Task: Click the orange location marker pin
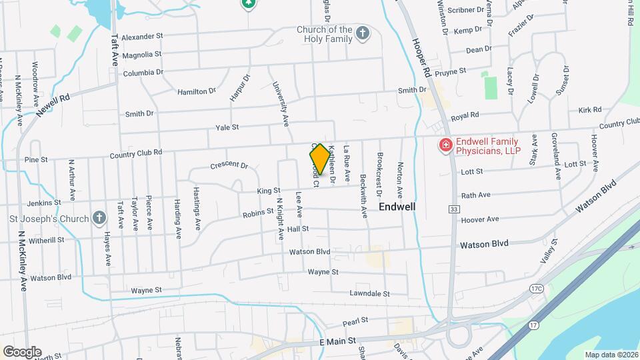tap(319, 159)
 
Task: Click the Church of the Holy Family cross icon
tap(362, 33)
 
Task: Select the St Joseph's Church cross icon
tap(99, 218)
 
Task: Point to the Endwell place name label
tap(397, 207)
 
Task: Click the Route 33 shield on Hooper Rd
tap(453, 209)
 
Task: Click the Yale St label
tap(227, 127)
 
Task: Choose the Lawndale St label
tap(369, 293)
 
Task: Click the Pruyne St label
tap(450, 70)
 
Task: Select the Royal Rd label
tap(465, 115)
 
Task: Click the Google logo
tap(21, 351)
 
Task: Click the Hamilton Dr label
tap(197, 91)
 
